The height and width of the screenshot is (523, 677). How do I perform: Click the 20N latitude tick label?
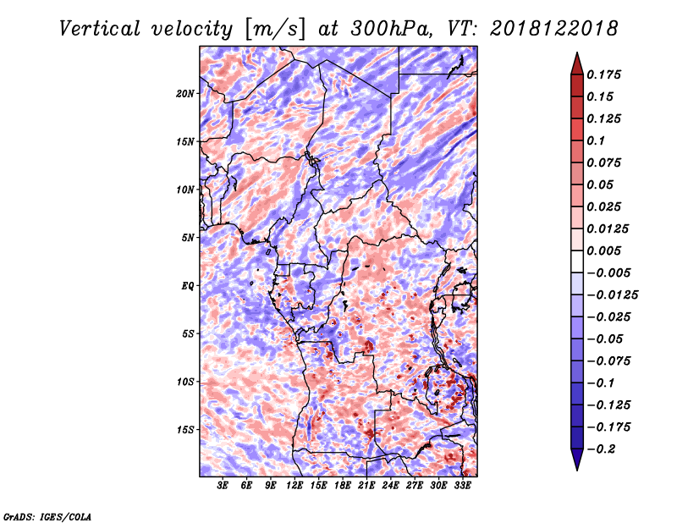click(x=185, y=94)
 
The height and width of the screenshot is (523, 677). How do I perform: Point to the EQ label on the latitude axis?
click(x=187, y=286)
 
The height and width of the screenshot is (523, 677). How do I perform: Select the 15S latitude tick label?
click(x=185, y=430)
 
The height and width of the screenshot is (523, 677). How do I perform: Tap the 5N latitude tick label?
click(x=188, y=238)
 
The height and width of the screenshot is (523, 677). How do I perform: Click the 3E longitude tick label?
click(x=223, y=486)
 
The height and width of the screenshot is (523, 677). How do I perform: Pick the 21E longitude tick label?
click(x=366, y=486)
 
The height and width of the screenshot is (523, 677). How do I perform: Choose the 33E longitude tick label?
click(x=462, y=486)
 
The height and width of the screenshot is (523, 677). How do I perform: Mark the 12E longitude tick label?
click(x=294, y=486)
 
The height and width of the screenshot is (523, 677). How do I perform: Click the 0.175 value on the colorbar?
click(x=604, y=74)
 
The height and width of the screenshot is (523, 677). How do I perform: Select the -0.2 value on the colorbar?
click(x=601, y=449)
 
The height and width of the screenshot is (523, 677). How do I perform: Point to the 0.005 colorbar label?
click(x=604, y=250)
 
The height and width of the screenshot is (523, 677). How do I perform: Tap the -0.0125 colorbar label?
click(x=613, y=295)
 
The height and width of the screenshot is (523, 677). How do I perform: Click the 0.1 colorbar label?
click(x=596, y=140)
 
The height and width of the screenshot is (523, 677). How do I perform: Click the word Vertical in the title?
click(x=100, y=29)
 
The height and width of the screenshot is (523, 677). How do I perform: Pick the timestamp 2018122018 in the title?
click(x=554, y=29)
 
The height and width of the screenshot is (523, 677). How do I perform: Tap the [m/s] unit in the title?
click(x=275, y=30)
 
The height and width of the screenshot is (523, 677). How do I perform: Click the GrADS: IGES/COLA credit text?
click(x=47, y=516)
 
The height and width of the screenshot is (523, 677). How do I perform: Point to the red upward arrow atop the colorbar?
click(x=577, y=63)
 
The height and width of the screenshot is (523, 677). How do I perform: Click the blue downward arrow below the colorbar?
click(x=577, y=460)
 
